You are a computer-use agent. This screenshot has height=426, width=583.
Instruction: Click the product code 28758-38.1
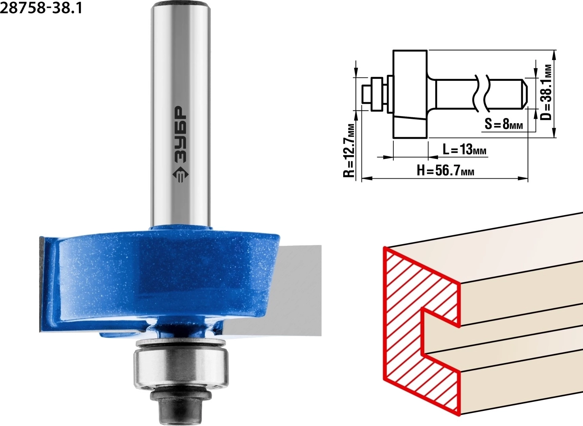pos(41,8)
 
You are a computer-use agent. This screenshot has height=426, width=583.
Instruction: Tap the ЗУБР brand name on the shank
pos(180,134)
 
